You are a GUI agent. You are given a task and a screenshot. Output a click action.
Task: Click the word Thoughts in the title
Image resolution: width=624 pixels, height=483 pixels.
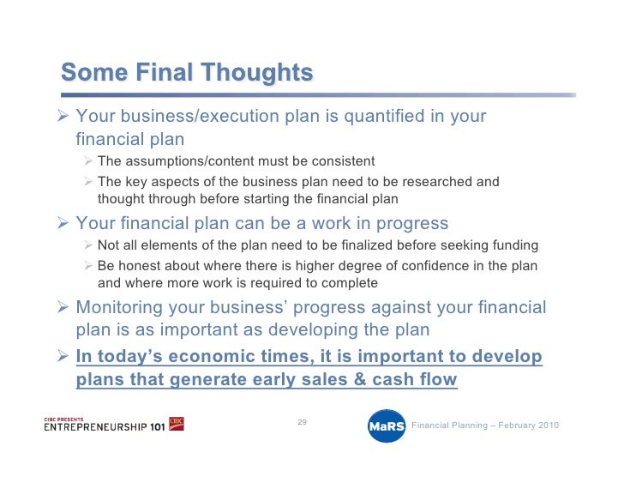(x=256, y=73)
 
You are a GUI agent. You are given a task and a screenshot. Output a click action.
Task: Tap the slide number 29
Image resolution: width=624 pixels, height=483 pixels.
(x=302, y=422)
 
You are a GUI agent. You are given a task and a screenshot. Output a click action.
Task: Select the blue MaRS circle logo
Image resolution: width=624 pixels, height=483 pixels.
(x=387, y=426)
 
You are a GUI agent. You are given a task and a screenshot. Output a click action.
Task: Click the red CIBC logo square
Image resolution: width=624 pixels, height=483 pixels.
(x=177, y=424)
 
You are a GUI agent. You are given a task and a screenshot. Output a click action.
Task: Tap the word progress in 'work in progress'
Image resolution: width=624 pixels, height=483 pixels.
(x=412, y=224)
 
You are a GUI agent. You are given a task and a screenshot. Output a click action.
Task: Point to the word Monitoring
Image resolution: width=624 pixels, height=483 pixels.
(x=119, y=308)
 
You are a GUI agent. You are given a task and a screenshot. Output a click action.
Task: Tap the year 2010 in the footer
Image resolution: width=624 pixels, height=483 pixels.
(x=549, y=426)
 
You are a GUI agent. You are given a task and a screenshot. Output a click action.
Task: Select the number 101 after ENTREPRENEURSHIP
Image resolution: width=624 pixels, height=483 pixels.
(x=157, y=427)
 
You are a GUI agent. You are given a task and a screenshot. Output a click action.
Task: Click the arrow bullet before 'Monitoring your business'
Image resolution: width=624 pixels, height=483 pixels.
(x=63, y=307)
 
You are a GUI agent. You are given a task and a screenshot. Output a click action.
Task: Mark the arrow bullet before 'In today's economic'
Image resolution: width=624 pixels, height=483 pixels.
(x=63, y=355)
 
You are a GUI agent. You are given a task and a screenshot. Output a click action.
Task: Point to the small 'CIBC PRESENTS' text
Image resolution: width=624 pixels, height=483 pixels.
(x=63, y=420)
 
